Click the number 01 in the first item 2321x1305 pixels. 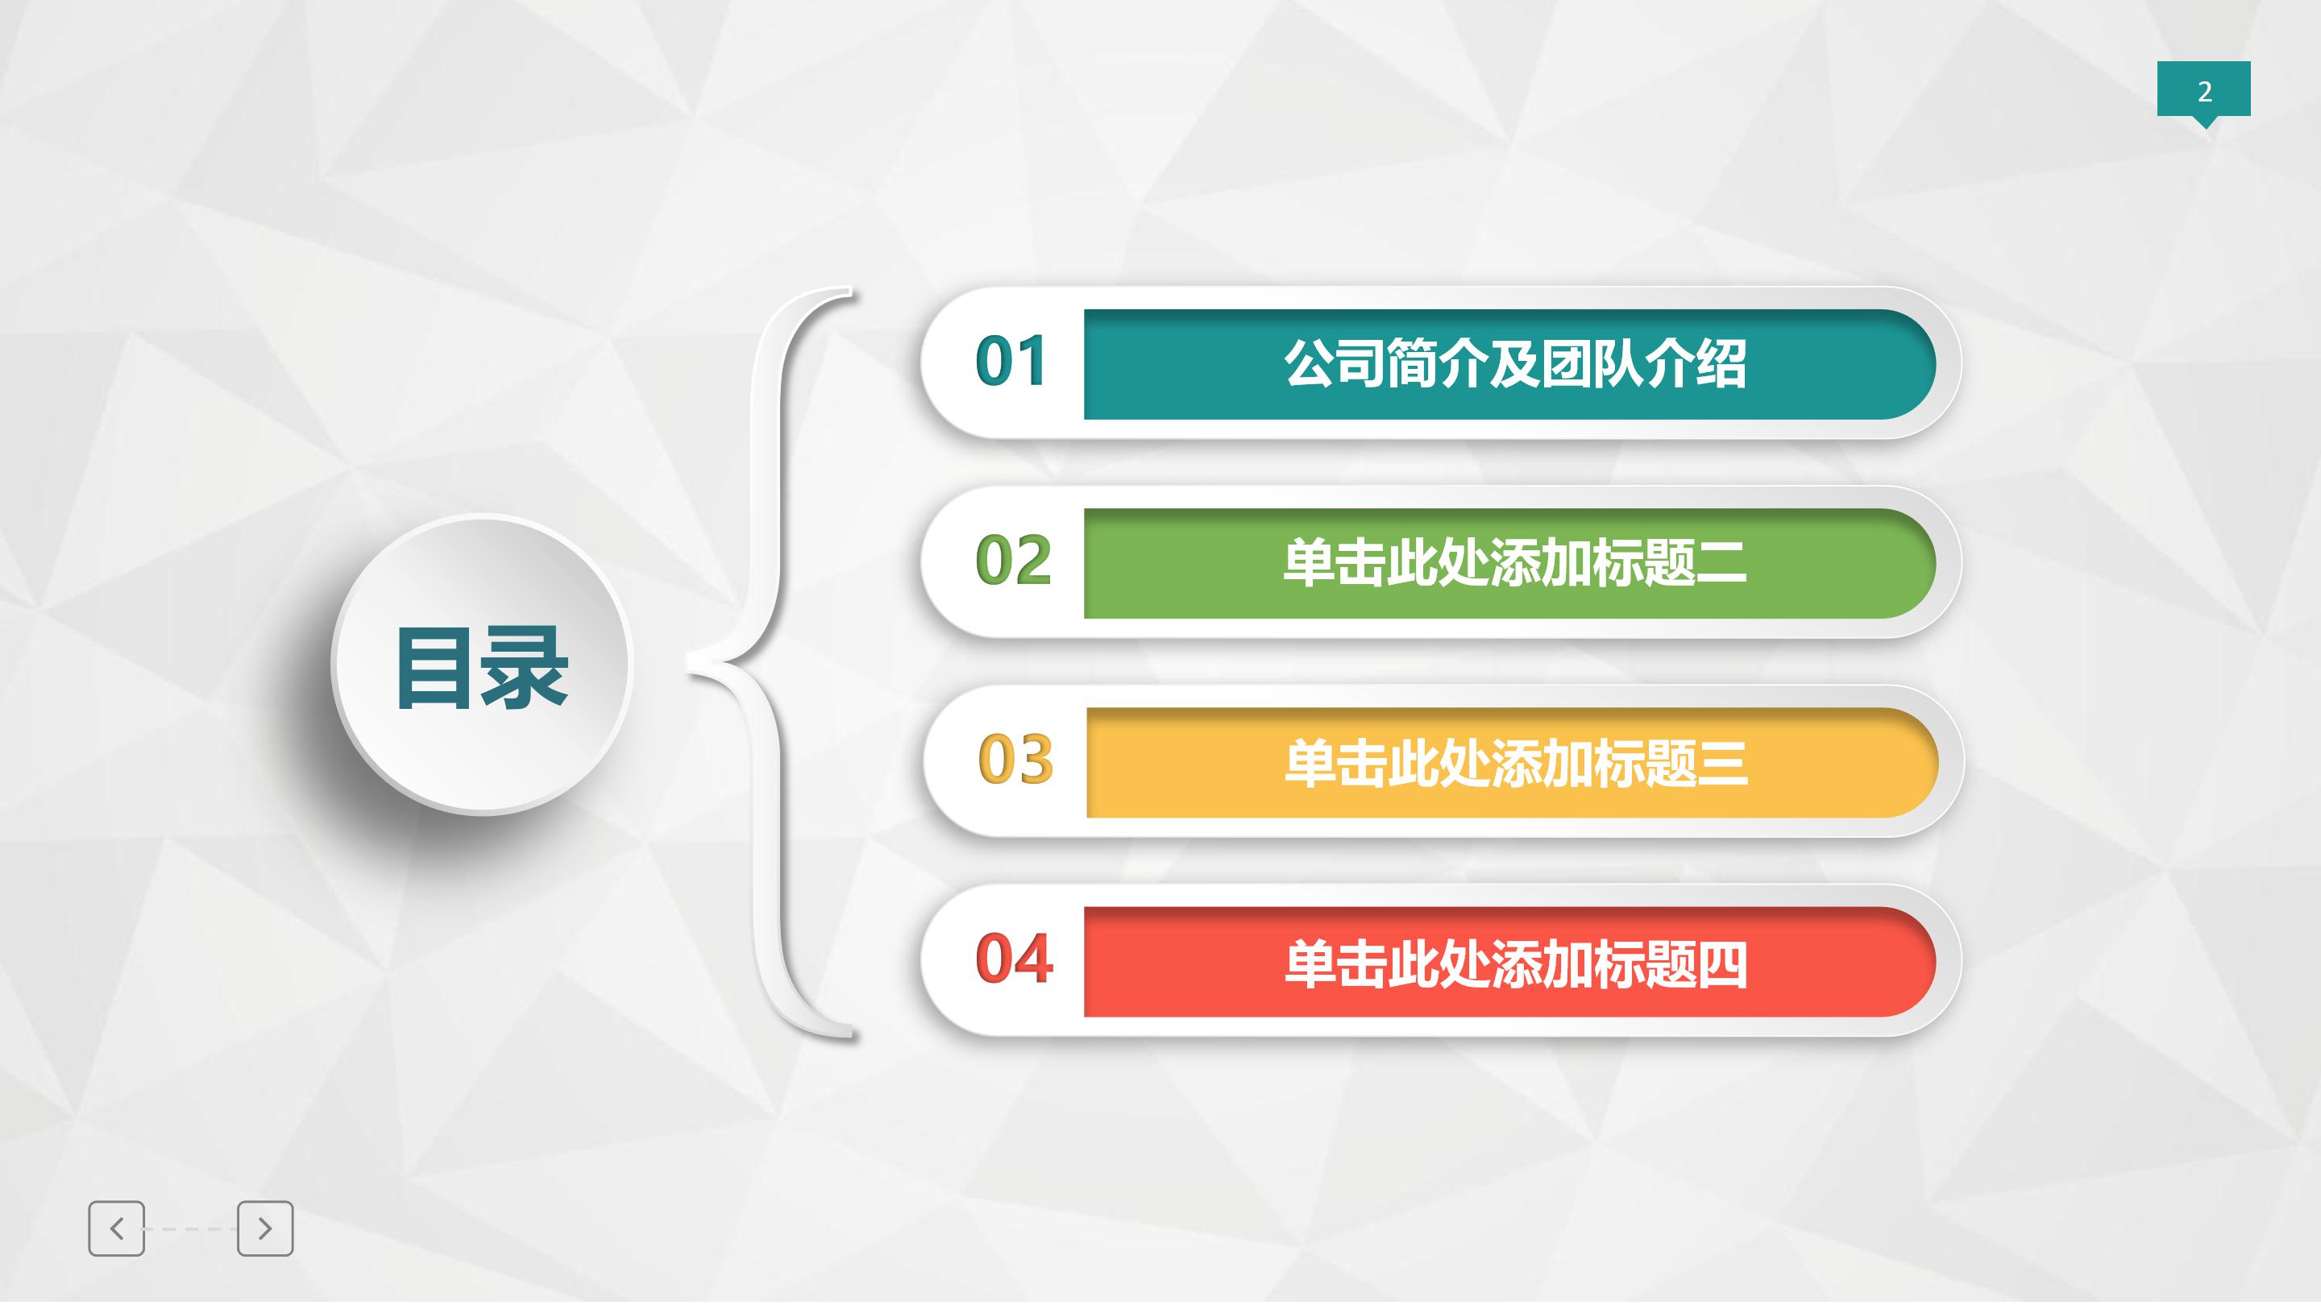click(x=1010, y=362)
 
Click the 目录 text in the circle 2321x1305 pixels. click(x=482, y=667)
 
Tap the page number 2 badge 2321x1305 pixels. click(x=2204, y=91)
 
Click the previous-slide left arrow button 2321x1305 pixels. click(x=116, y=1228)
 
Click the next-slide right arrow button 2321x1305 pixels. click(x=265, y=1228)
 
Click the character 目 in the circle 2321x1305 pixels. click(x=435, y=667)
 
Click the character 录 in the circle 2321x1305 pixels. click(x=525, y=667)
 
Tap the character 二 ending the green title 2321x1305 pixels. click(x=1721, y=564)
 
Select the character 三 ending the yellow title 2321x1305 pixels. click(x=1723, y=763)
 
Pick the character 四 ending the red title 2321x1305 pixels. click(x=1721, y=963)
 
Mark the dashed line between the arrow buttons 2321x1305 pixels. click(x=191, y=1229)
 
